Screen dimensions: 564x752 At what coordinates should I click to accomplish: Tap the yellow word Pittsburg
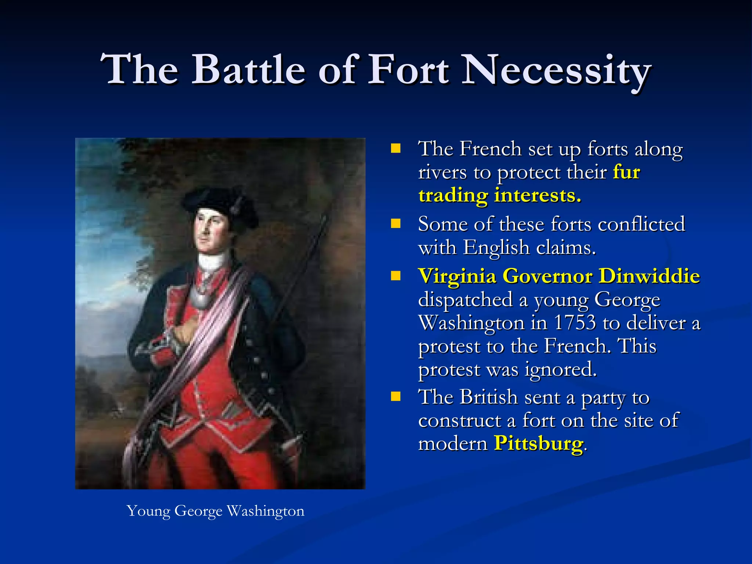click(x=538, y=443)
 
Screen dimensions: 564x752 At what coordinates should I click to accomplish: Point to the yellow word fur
click(x=626, y=172)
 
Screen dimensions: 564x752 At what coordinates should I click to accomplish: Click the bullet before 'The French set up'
click(x=395, y=149)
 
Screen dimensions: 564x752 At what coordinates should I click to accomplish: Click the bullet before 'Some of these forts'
click(x=395, y=224)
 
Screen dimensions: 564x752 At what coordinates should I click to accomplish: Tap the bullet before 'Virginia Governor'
click(x=395, y=276)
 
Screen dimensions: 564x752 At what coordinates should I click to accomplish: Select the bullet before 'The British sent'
click(x=395, y=397)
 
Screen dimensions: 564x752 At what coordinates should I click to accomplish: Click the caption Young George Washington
click(x=216, y=511)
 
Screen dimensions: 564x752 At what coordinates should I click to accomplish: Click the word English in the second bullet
click(x=496, y=247)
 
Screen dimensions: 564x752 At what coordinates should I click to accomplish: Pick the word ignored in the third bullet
click(x=560, y=369)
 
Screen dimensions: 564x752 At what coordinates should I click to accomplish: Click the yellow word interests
click(x=538, y=195)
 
